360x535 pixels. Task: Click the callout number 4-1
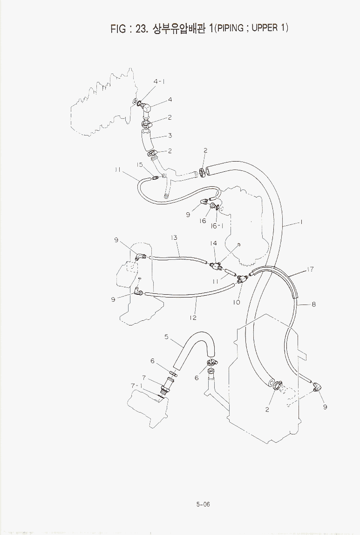click(159, 81)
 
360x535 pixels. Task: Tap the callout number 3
click(170, 135)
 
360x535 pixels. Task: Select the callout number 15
click(140, 164)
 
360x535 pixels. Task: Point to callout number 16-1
click(217, 226)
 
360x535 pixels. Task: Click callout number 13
click(174, 237)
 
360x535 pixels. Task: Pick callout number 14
click(214, 243)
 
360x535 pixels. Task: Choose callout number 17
click(310, 269)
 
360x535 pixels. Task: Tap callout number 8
click(313, 304)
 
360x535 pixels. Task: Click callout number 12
click(193, 318)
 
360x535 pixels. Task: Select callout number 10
click(237, 302)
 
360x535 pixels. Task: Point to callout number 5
click(166, 337)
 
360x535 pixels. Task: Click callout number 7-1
click(137, 386)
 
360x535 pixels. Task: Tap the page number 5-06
click(203, 504)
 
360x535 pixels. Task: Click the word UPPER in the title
click(265, 27)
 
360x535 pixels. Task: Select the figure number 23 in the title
click(141, 29)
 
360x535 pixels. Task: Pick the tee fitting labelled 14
click(215, 265)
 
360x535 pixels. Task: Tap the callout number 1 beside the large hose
click(301, 222)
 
